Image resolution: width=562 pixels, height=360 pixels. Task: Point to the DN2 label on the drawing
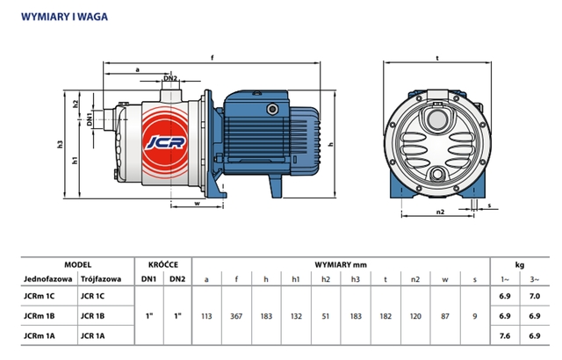[172, 79]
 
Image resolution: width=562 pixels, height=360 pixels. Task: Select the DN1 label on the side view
[90, 118]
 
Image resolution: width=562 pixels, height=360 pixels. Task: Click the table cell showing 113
[206, 314]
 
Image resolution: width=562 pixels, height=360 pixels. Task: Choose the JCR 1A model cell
[92, 334]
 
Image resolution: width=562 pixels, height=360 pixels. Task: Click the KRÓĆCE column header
[162, 263]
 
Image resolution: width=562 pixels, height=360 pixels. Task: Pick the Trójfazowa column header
[98, 279]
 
